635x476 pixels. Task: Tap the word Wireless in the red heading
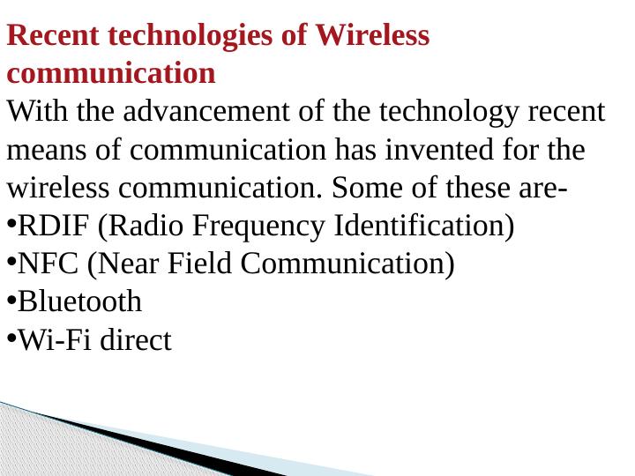[x=373, y=36]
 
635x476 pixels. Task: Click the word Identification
[x=423, y=227]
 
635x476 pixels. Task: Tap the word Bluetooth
[x=79, y=302]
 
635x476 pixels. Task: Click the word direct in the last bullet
[x=135, y=340]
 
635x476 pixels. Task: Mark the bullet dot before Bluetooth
[x=11, y=301]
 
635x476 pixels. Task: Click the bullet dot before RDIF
[x=11, y=226]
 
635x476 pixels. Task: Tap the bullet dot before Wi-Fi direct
[x=11, y=339]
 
